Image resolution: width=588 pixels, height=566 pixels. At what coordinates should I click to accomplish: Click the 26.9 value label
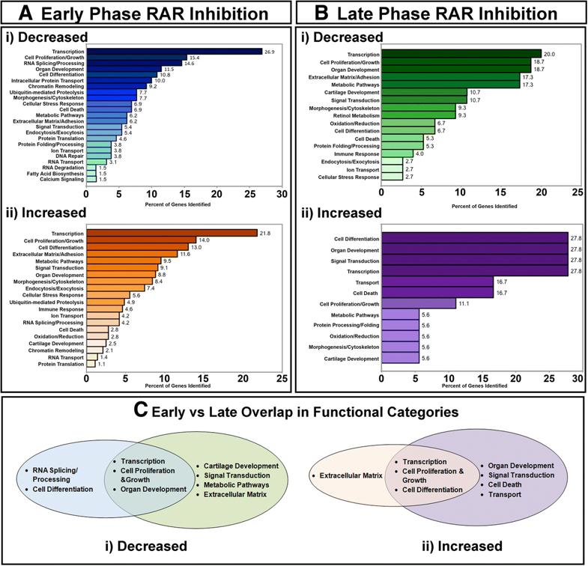pos(270,52)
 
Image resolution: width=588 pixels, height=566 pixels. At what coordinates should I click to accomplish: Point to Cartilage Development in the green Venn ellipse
pos(243,466)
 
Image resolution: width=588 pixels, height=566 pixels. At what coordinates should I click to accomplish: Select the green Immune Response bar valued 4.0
pos(398,174)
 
